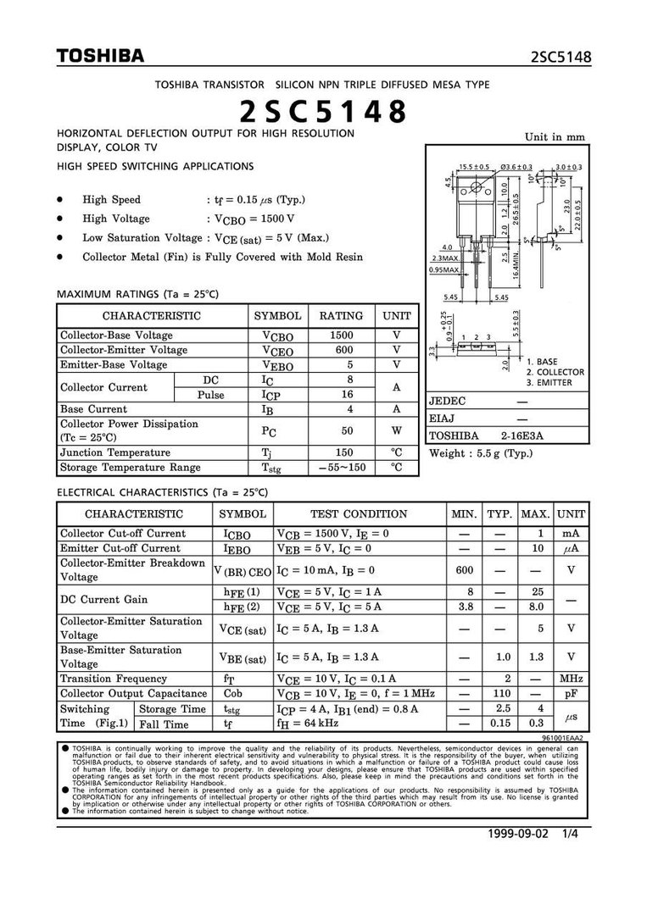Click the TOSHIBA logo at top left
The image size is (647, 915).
pyautogui.click(x=100, y=56)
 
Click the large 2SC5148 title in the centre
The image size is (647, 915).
pyautogui.click(x=322, y=111)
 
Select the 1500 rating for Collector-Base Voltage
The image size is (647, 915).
pyautogui.click(x=341, y=335)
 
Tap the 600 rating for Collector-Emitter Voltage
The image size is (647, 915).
pyautogui.click(x=341, y=350)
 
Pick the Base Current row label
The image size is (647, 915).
pyautogui.click(x=93, y=408)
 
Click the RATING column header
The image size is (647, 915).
pyautogui.click(x=341, y=315)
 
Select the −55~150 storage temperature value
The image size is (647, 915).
pyautogui.click(x=342, y=468)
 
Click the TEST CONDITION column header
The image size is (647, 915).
pyautogui.click(x=359, y=513)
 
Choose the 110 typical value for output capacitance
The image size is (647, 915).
pyautogui.click(x=500, y=693)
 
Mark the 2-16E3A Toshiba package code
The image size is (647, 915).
pyautogui.click(x=521, y=435)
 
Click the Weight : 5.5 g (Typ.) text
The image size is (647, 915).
pyautogui.click(x=481, y=453)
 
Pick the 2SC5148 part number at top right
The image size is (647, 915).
pyautogui.click(x=561, y=58)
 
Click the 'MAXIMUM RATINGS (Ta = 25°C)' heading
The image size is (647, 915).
pyautogui.click(x=137, y=294)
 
